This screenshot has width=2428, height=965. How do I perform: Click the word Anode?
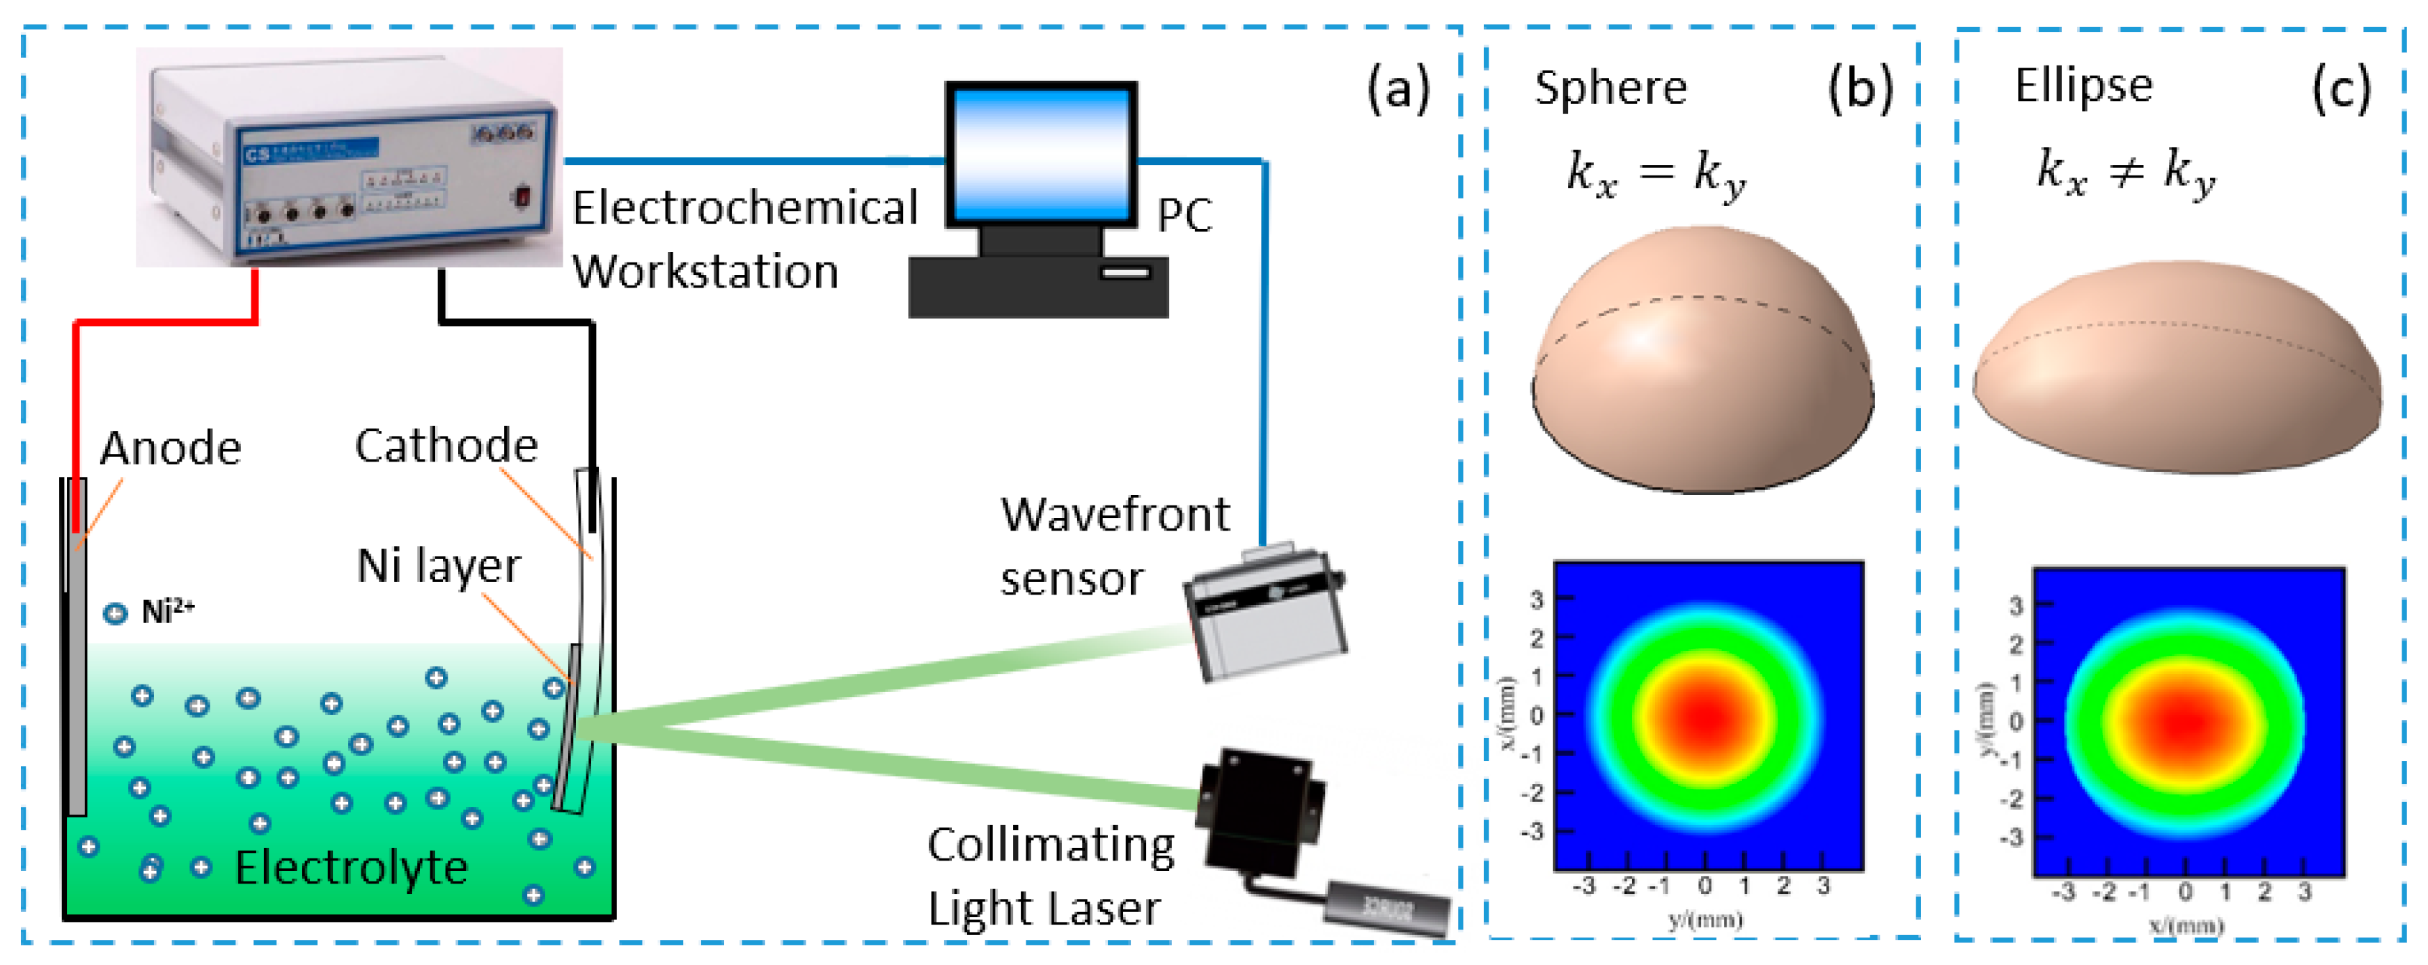pyautogui.click(x=171, y=448)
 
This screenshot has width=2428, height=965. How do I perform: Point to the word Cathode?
pyautogui.click(x=446, y=445)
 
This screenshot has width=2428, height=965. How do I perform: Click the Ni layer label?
pyautogui.click(x=438, y=565)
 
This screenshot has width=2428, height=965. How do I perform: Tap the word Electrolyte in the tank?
pyautogui.click(x=351, y=867)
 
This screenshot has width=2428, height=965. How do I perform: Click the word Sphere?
pyautogui.click(x=1610, y=88)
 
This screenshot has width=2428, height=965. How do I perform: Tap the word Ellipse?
pyautogui.click(x=2083, y=85)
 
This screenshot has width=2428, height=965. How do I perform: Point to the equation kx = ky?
pyautogui.click(x=1655, y=173)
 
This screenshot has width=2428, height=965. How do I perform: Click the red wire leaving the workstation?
pyautogui.click(x=166, y=323)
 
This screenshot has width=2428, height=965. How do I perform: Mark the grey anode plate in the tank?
pyautogui.click(x=77, y=679)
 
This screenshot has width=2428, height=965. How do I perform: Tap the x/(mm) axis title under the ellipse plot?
pyautogui.click(x=2186, y=925)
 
